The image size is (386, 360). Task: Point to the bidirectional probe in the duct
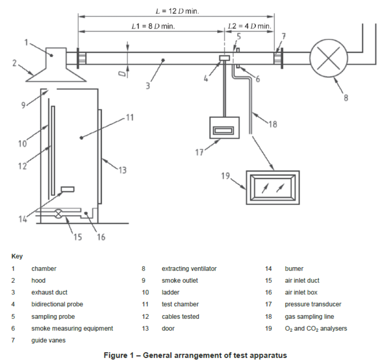tap(224, 58)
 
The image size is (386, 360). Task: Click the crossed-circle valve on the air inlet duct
tap(58, 214)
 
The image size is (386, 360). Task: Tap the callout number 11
tap(130, 118)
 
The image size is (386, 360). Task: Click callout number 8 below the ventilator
tap(346, 98)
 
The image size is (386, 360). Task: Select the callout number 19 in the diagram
tap(225, 176)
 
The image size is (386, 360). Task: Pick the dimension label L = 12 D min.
tap(177, 11)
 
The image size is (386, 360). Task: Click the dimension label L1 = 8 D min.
tap(153, 26)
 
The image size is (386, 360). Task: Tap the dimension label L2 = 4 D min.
tap(250, 26)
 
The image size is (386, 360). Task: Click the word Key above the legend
tap(17, 256)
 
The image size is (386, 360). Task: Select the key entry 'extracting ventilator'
tap(189, 269)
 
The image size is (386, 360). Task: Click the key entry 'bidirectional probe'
tap(57, 304)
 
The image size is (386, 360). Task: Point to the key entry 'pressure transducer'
tap(313, 304)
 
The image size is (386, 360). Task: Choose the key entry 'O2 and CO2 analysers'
tap(316, 328)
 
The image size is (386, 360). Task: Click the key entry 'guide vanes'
tap(49, 340)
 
